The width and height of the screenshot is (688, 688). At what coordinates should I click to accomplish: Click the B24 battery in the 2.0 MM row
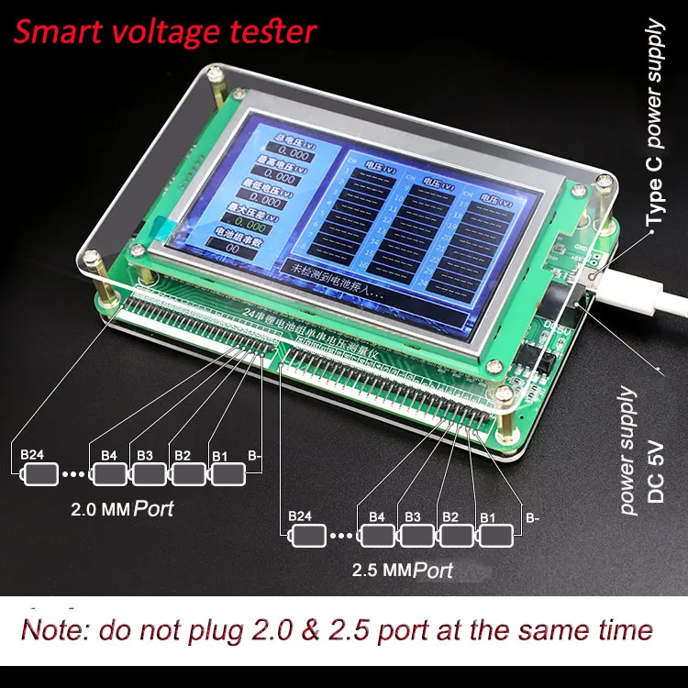[x=39, y=474]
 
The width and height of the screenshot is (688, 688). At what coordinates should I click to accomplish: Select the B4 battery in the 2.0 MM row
[x=109, y=474]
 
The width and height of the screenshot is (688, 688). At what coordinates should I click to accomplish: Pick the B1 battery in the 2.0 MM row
[x=228, y=474]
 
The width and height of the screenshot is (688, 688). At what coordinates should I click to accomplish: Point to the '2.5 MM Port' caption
[x=403, y=570]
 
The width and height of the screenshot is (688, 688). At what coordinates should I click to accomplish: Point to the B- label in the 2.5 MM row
[x=533, y=516]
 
